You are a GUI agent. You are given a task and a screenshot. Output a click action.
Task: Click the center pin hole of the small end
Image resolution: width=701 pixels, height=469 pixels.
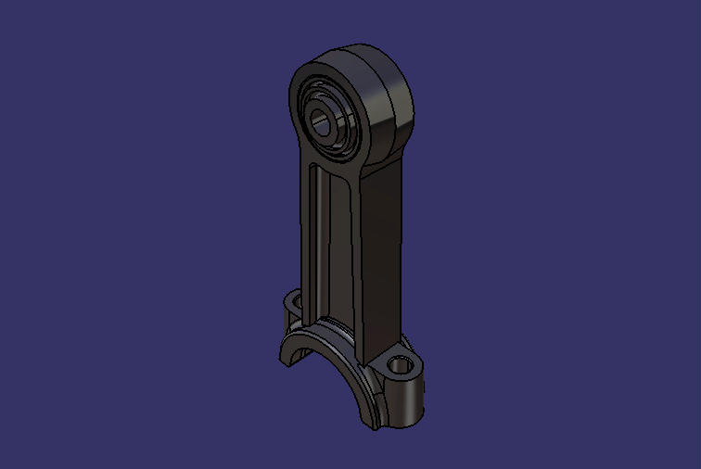coord(325,120)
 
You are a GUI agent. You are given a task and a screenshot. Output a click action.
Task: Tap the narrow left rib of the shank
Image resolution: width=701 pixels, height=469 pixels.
coord(305,232)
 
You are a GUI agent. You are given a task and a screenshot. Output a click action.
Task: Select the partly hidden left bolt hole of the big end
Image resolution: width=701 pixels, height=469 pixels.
coord(295,303)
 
